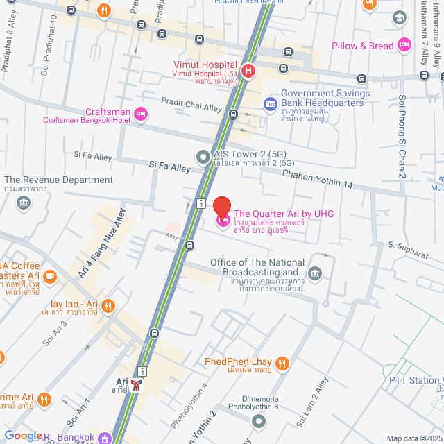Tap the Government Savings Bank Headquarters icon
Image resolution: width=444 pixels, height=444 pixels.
click(x=270, y=103)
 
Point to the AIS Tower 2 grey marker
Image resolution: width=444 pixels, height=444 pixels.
click(x=203, y=157)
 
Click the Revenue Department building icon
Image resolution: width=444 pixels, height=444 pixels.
click(x=24, y=203)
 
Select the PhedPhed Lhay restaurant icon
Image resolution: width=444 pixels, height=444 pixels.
click(x=282, y=362)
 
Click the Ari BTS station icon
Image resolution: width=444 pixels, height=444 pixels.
click(x=141, y=384)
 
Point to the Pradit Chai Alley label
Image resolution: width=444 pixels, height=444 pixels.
click(x=191, y=105)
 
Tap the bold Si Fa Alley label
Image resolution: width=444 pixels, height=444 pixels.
click(x=169, y=168)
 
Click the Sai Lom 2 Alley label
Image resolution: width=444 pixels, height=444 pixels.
click(x=311, y=402)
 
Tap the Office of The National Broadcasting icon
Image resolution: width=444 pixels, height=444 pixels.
click(x=315, y=273)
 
